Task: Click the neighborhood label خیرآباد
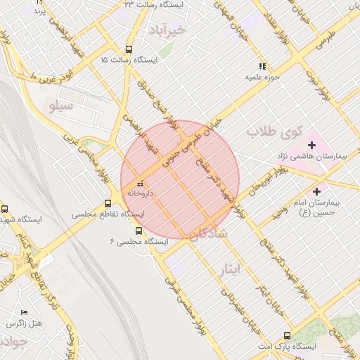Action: [167, 30]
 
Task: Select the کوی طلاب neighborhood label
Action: [274, 131]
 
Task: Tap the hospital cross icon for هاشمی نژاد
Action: [311, 144]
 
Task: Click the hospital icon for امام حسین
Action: [318, 191]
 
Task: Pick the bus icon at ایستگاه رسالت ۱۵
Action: [128, 50]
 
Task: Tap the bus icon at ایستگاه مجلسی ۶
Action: [139, 231]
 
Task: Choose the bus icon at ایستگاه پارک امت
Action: [286, 335]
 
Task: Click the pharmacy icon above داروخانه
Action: [139, 184]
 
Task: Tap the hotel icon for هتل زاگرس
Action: [25, 313]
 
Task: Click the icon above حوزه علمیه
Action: [264, 65]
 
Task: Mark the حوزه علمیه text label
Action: [263, 75]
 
